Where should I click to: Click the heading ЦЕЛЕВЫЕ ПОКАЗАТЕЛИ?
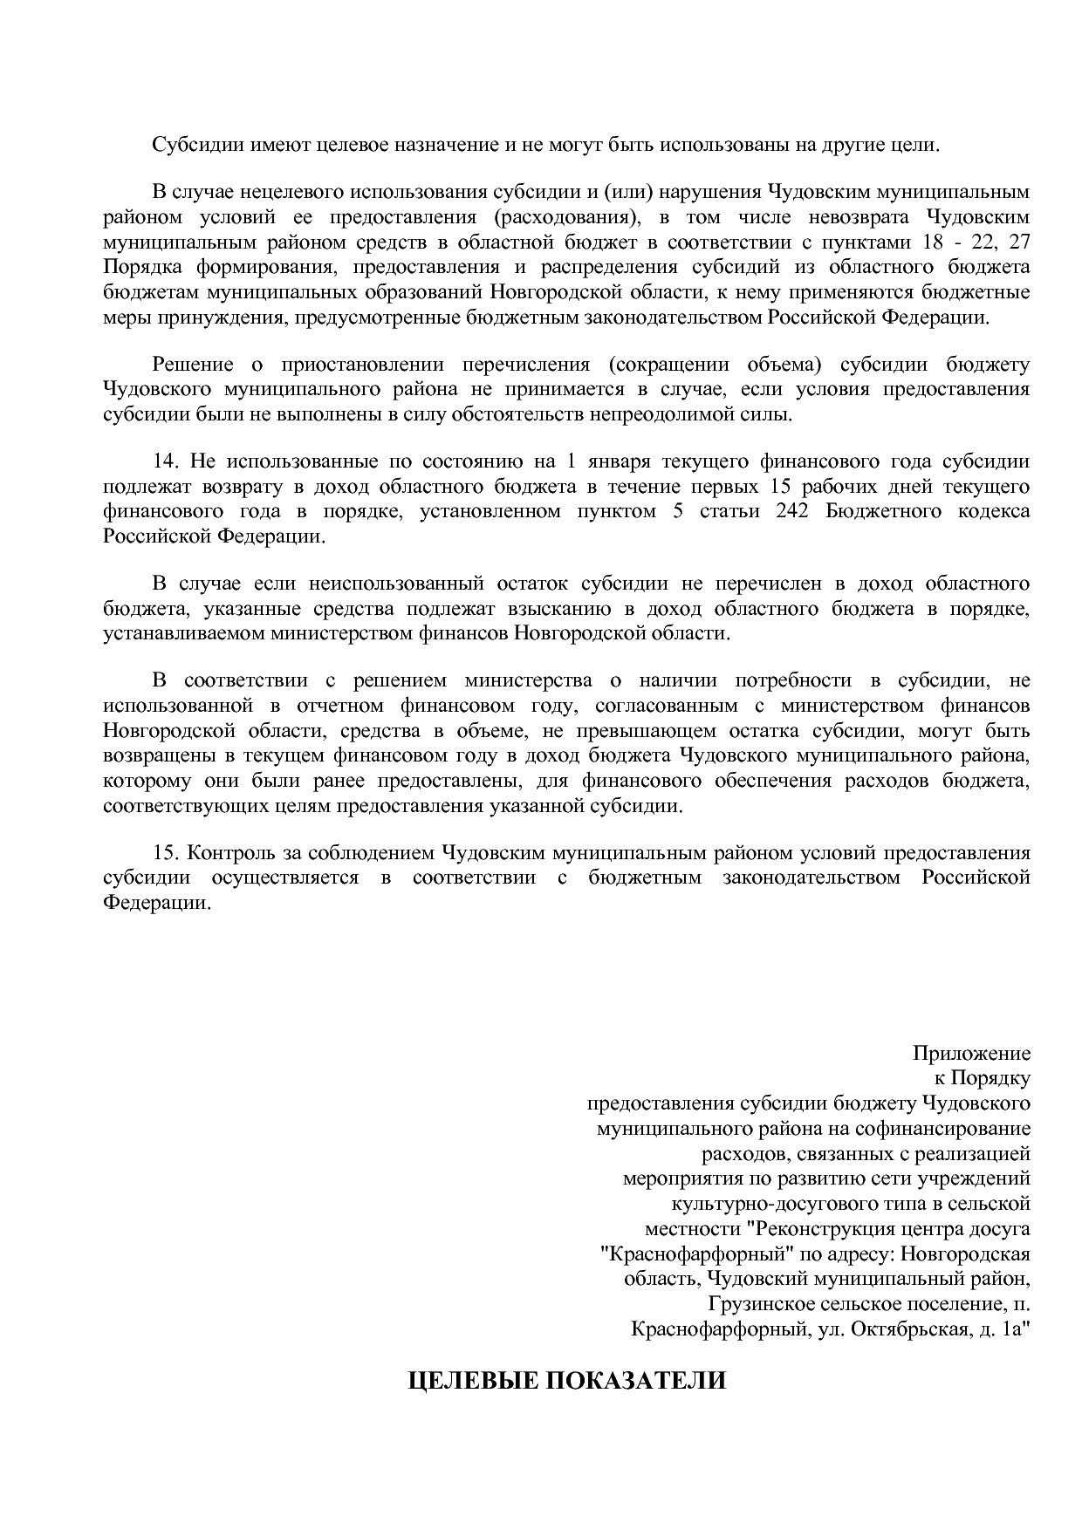[567, 1381]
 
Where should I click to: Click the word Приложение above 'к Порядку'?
[971, 1053]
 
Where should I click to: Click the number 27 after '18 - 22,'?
[1018, 241]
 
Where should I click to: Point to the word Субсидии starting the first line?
[188, 144]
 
